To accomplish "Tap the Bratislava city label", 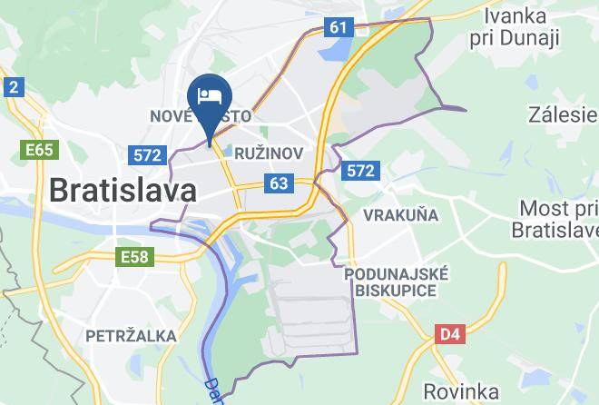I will click(122, 191).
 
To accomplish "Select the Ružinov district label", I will click(268, 153).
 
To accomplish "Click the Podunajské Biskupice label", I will click(396, 282).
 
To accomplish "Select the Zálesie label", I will click(563, 115).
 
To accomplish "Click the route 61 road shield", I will click(339, 27).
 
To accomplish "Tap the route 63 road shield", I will click(279, 184).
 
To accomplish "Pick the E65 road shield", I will click(39, 149).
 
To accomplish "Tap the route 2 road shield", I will click(13, 87).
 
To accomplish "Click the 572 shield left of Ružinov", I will click(147, 154).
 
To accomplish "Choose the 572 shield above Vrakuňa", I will click(360, 170).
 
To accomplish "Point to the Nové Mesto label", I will click(200, 117).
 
